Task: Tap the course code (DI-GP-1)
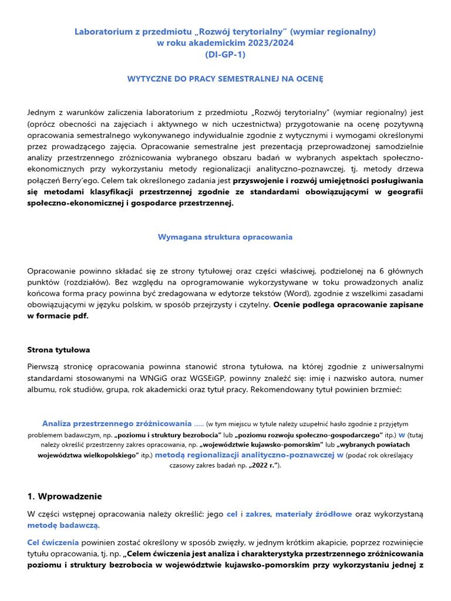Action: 225,55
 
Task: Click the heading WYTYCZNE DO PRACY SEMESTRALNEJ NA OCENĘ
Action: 225,78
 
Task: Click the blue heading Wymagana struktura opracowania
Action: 225,237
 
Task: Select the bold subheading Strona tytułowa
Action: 59,350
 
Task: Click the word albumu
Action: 42,389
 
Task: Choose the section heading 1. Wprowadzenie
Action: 65,496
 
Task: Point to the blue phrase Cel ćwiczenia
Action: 52,542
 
